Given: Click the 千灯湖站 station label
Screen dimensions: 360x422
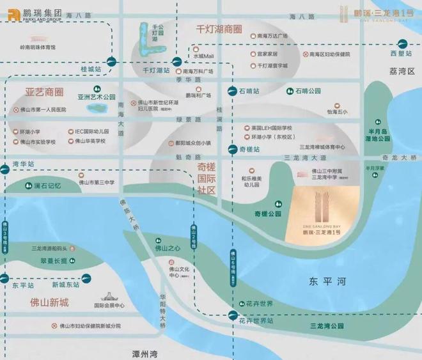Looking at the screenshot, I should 156,70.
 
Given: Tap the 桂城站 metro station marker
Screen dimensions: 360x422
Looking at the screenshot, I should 113,62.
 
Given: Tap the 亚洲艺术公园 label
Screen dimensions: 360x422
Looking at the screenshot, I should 97,97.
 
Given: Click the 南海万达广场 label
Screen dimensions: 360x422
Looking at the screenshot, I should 273,36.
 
